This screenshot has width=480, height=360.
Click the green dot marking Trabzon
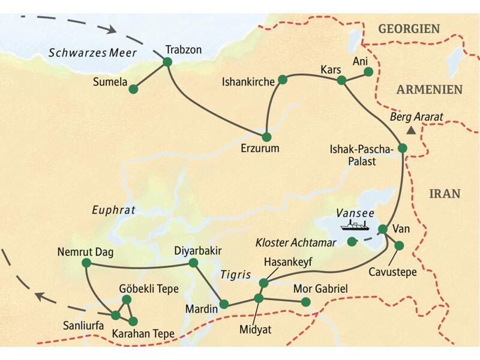coord(167,62)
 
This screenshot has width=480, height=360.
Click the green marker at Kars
coord(341,80)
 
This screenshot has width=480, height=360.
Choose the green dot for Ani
coord(368,71)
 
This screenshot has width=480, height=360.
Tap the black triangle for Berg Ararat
coord(411,130)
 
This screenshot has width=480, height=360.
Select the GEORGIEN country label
coord(409,28)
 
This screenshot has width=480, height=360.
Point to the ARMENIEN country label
coord(428,89)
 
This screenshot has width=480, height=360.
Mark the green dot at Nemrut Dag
coord(86,263)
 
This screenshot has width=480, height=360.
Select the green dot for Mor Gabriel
coord(306,302)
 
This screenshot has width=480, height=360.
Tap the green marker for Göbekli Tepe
coord(126,299)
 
